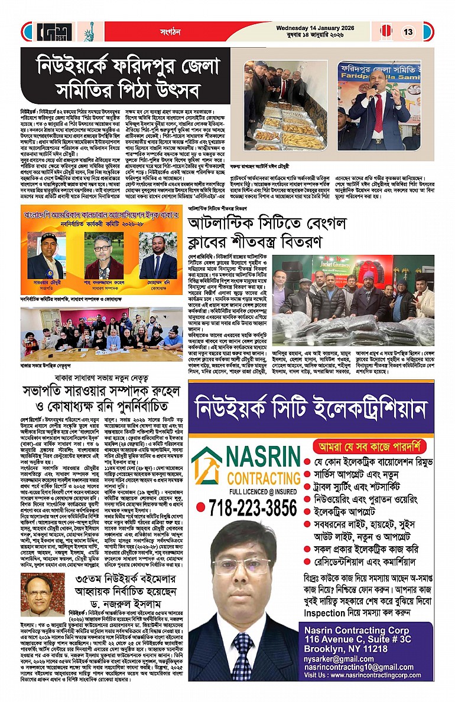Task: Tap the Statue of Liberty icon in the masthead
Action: click(x=89, y=31)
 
